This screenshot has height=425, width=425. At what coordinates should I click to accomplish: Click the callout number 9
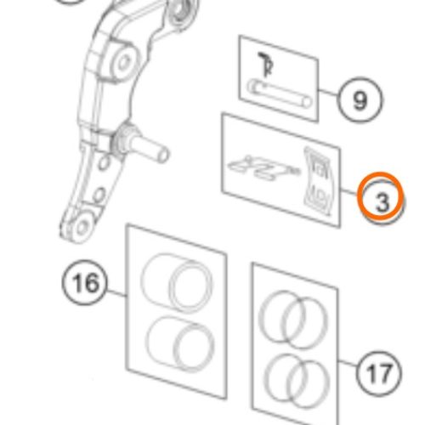click(x=360, y=99)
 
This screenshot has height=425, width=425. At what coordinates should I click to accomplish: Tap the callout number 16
click(x=85, y=282)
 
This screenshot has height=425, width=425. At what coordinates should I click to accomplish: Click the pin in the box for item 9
click(x=280, y=93)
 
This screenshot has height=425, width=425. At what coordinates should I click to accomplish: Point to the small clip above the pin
click(x=265, y=64)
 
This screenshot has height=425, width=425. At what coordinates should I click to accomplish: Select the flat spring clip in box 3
click(x=263, y=167)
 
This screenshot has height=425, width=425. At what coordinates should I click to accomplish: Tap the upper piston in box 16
click(x=176, y=283)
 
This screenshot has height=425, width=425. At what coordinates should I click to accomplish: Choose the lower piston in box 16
click(x=180, y=343)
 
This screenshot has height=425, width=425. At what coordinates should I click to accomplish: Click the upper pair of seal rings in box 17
click(x=293, y=320)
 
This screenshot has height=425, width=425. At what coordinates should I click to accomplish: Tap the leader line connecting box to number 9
click(x=328, y=93)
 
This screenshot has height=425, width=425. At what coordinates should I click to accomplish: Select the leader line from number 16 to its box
click(x=116, y=293)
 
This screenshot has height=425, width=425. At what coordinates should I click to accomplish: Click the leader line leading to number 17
click(x=348, y=364)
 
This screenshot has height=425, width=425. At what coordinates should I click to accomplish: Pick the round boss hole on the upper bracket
click(x=124, y=62)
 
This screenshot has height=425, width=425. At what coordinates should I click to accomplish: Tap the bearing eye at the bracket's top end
click(x=179, y=11)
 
